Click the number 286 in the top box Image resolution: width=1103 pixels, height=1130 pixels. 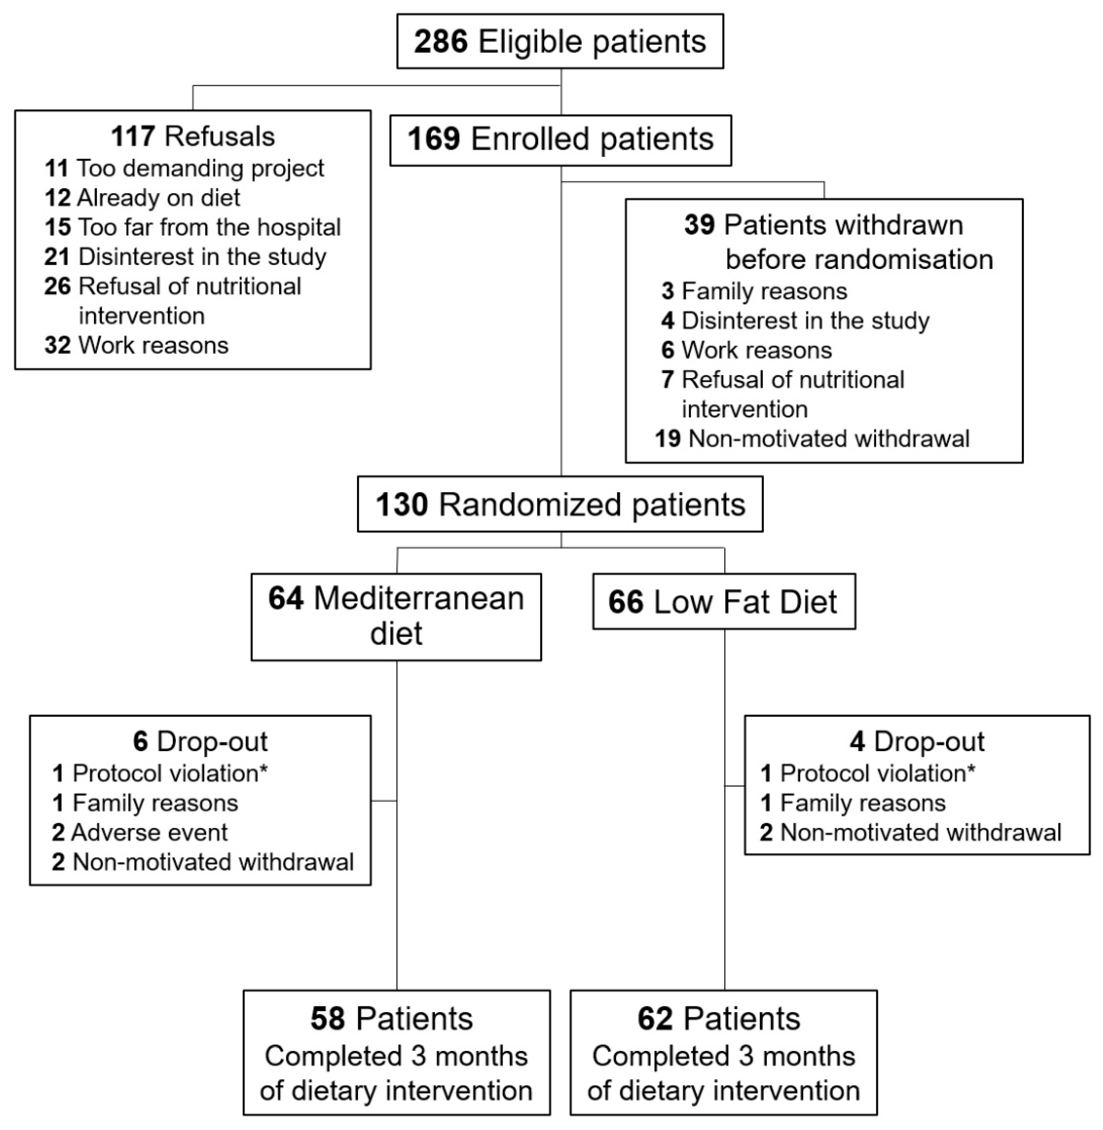(440, 42)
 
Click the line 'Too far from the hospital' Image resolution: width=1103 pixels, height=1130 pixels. (209, 227)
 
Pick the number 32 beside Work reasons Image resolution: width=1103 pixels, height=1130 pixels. (58, 345)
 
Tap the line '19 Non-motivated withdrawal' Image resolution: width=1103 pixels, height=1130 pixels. (812, 438)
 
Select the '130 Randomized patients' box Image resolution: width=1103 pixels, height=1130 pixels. (560, 504)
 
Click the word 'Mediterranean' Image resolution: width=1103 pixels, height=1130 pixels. (418, 598)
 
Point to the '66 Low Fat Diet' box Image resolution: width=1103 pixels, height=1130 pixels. (724, 602)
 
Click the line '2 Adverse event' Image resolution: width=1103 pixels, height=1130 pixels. (140, 832)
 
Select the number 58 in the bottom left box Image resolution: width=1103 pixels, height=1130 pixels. (327, 1018)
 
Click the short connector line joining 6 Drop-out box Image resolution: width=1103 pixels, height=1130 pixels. (383, 801)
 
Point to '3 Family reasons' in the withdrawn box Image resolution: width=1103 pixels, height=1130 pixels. (754, 291)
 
